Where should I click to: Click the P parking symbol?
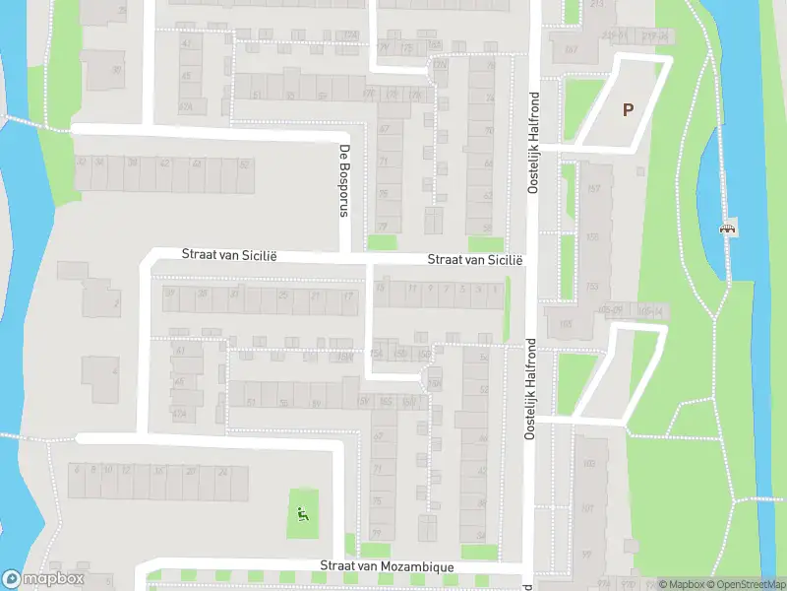click(x=628, y=109)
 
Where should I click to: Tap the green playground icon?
click(x=302, y=512)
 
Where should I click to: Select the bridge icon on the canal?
click(x=729, y=228)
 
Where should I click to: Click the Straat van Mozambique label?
click(x=387, y=567)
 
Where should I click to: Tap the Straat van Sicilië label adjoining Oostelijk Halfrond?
click(x=474, y=260)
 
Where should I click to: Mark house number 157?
click(x=593, y=188)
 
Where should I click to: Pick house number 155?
click(x=592, y=237)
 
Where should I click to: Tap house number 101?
click(x=587, y=509)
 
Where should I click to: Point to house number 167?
click(x=571, y=49)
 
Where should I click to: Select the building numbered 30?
click(x=117, y=70)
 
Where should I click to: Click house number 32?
click(x=233, y=294)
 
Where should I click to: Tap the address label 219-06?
click(x=650, y=36)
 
